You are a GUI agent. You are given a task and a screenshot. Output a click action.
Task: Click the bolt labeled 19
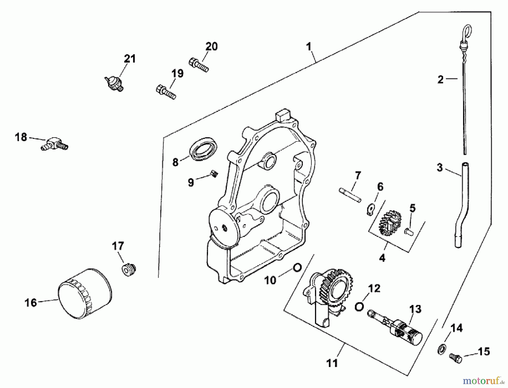click(x=166, y=91)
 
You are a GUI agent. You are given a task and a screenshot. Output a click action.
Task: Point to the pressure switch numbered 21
click(x=114, y=84)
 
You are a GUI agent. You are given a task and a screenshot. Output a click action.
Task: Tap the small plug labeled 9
click(x=214, y=175)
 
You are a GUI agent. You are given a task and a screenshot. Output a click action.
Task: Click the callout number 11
click(x=332, y=363)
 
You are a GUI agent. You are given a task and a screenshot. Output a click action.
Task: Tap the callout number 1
click(x=309, y=46)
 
